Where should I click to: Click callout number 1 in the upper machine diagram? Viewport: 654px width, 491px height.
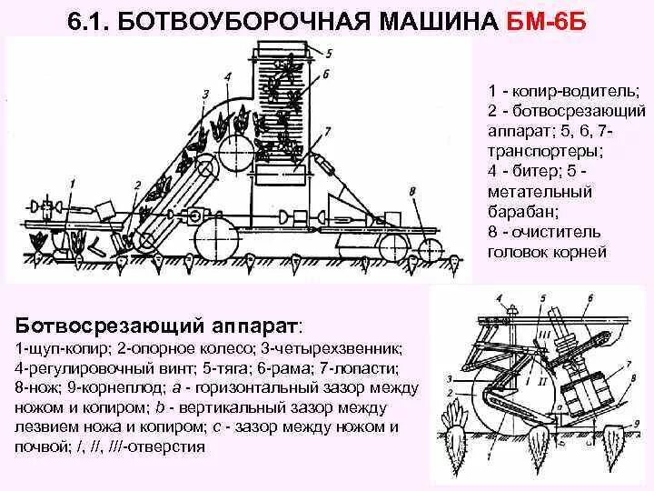click(x=70, y=183)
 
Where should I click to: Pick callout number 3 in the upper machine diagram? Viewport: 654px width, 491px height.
click(x=206, y=94)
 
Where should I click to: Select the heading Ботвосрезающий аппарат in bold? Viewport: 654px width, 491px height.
click(x=160, y=326)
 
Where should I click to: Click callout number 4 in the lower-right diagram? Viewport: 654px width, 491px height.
click(x=501, y=297)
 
